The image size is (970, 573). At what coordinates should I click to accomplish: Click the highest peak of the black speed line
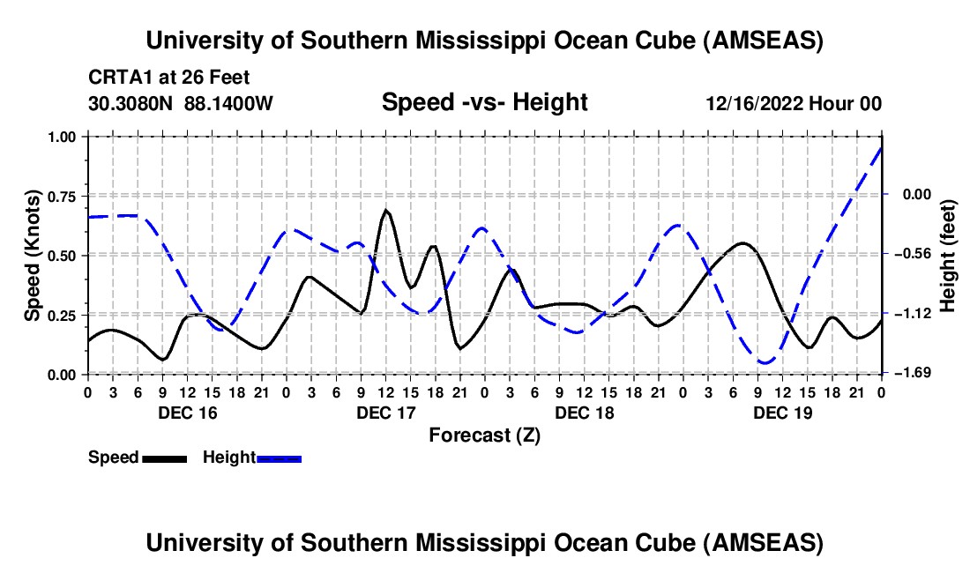(386, 211)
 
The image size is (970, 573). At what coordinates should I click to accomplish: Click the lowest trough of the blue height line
(765, 362)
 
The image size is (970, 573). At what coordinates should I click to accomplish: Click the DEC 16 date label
(187, 413)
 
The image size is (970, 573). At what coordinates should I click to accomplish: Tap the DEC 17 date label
(385, 413)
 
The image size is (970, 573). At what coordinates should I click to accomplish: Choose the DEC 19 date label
(782, 413)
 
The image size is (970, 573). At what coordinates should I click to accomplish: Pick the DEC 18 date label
(584, 413)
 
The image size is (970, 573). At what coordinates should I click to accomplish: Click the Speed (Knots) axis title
(32, 255)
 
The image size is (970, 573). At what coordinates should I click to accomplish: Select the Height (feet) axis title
(948, 255)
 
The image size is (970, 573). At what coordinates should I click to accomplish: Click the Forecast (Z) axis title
(483, 435)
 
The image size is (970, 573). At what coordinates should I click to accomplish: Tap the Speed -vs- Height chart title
(484, 102)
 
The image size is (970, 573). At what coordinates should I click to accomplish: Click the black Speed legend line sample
(164, 458)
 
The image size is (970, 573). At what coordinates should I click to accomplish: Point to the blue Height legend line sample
(279, 458)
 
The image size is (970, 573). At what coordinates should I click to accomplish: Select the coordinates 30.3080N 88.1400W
(180, 103)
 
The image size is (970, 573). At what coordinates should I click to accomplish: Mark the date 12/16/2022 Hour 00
(794, 103)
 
